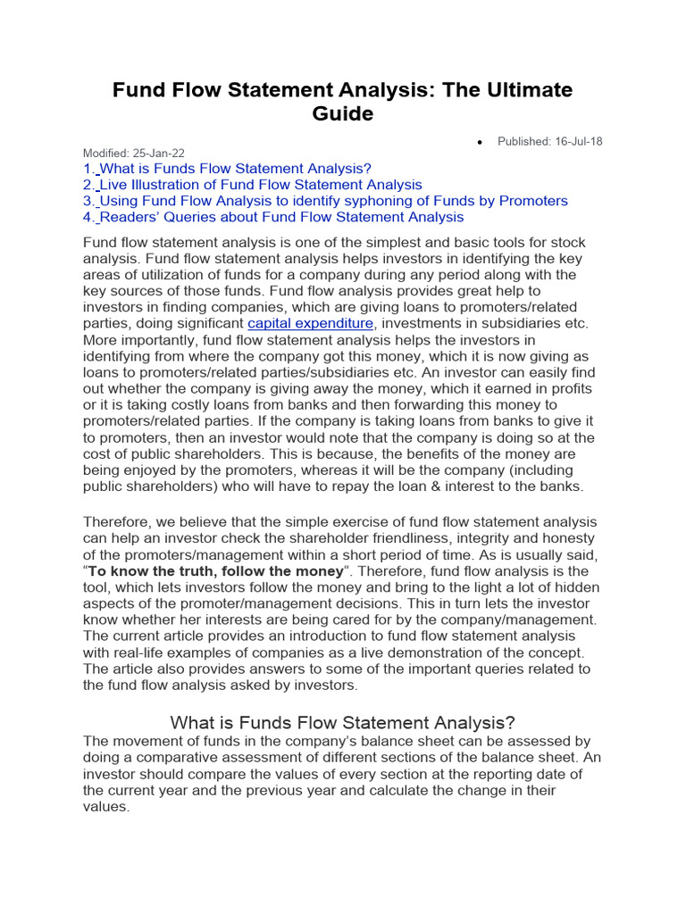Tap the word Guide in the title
coord(343,114)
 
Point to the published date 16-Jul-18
coord(579,141)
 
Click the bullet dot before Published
coord(480,142)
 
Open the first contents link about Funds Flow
coord(234,169)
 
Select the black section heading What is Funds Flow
coord(343,722)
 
